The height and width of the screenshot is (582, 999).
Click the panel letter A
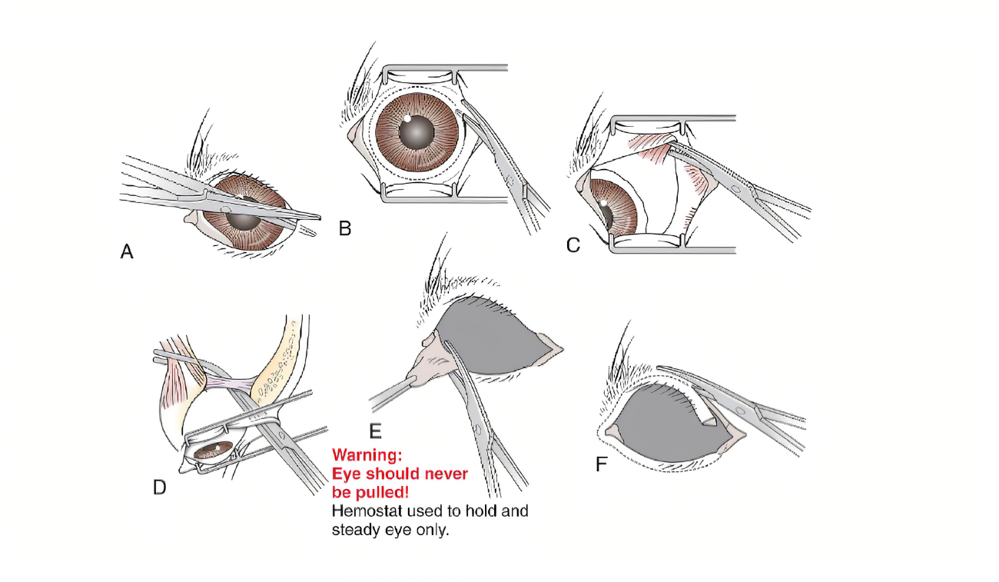127,251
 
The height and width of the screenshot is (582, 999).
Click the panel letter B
345,228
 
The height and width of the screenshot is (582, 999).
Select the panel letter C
573,245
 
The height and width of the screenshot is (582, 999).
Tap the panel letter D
159,487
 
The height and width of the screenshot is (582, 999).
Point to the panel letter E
376,431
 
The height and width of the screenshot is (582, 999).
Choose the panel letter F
601,464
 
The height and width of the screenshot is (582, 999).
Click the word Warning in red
367,455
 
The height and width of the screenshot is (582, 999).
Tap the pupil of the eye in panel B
417,132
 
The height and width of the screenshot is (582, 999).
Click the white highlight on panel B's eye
407,118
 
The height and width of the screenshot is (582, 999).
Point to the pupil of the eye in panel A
243,220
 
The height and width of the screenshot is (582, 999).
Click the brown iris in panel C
618,206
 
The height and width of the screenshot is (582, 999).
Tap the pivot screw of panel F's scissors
739,410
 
